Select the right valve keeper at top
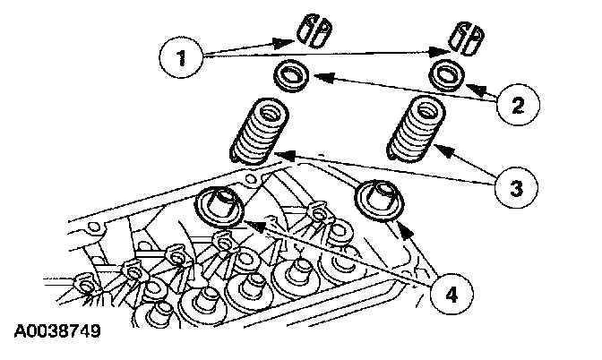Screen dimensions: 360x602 point(466,33)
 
